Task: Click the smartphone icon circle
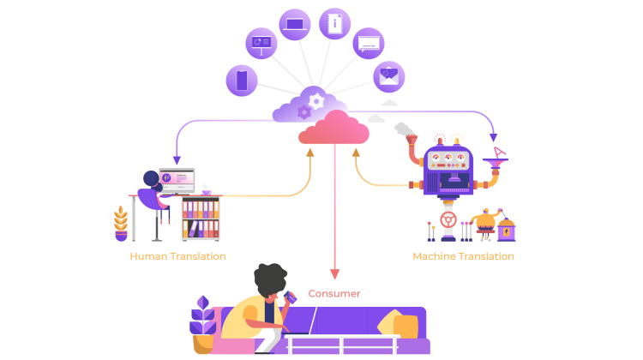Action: point(242,81)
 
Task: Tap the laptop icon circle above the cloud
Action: point(295,24)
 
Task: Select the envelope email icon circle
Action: point(388,76)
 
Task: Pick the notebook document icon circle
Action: point(335,23)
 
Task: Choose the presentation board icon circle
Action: point(261,43)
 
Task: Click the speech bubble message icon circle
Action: point(369,43)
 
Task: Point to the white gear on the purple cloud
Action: point(316,101)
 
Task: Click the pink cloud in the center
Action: point(334,129)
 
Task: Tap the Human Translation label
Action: point(177,256)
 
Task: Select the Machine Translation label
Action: point(463,256)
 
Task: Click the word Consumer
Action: point(334,293)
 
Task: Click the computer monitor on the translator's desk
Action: point(177,179)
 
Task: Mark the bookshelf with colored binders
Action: point(201,219)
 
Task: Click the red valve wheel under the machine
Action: point(448,220)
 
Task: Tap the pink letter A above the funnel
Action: point(499,152)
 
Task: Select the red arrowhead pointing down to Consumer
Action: point(334,275)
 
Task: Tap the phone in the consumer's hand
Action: point(290,297)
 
